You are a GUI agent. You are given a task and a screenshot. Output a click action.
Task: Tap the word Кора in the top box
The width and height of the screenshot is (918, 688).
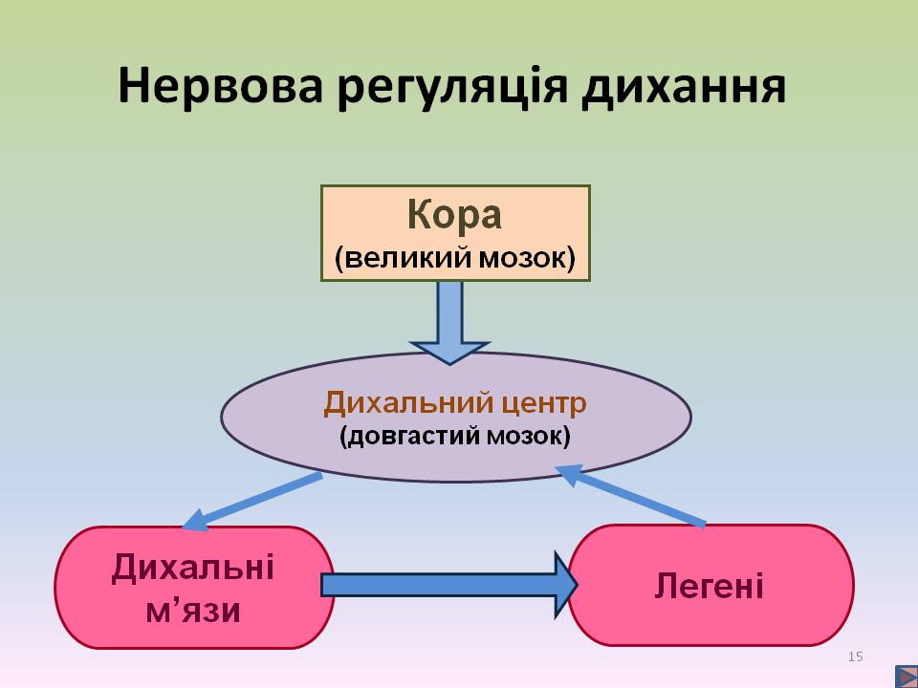454,215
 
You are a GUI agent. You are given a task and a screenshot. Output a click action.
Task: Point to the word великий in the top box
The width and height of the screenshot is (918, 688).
408,259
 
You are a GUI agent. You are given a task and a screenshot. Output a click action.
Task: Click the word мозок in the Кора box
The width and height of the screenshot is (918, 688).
526,259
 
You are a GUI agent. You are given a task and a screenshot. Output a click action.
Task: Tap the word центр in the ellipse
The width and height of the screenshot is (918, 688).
544,403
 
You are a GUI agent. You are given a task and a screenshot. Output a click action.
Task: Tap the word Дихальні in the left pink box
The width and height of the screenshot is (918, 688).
193,568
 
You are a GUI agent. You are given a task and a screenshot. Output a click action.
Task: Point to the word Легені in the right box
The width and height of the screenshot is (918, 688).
709,585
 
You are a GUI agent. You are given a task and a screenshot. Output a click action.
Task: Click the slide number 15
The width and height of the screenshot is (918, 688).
855,656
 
